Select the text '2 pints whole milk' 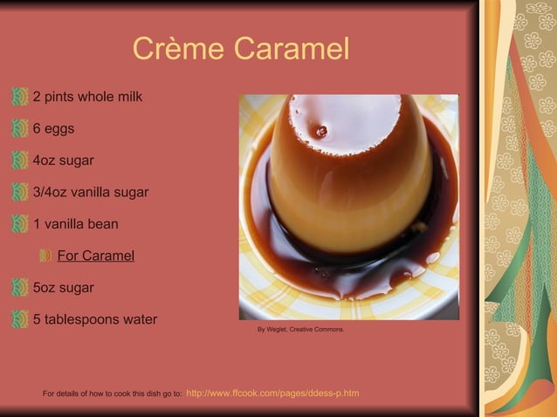[x=87, y=97]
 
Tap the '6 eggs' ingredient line [x=53, y=129]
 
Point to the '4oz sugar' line [x=63, y=161]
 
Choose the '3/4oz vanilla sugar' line [x=91, y=193]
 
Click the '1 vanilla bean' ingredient [x=75, y=224]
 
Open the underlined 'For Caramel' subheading [x=96, y=256]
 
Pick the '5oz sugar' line [x=63, y=288]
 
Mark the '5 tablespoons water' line [x=95, y=319]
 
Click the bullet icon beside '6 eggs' [x=21, y=129]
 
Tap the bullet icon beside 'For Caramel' [x=45, y=256]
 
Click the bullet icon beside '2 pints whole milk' [x=21, y=97]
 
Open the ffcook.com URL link [x=272, y=393]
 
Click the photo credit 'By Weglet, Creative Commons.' [x=300, y=330]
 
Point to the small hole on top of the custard [x=321, y=131]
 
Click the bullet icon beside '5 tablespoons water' [x=21, y=319]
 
